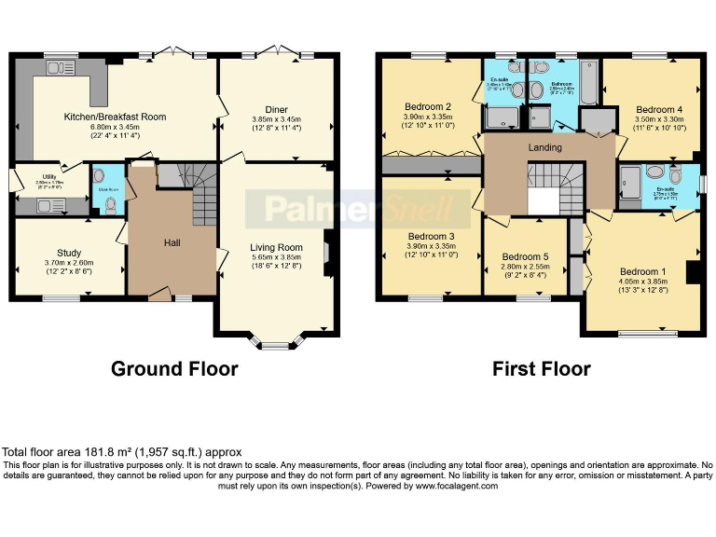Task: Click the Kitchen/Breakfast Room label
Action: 115,117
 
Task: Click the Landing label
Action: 544,147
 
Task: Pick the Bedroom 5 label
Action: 525,256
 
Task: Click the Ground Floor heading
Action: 174,369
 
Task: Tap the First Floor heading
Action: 542,369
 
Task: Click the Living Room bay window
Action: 275,345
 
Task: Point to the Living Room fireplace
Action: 327,252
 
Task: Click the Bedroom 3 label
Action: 430,237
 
